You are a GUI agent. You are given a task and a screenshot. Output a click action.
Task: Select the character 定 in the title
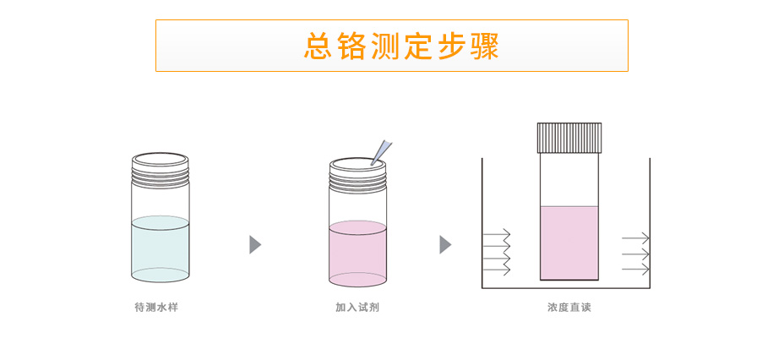click(419, 46)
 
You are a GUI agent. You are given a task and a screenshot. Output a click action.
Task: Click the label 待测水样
click(156, 308)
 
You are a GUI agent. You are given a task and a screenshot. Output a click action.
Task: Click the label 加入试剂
click(357, 308)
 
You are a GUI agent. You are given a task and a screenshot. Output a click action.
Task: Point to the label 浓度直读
click(569, 308)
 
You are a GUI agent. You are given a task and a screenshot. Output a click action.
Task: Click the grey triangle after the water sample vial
click(255, 245)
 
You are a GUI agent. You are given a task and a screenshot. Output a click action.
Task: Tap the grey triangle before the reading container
click(445, 245)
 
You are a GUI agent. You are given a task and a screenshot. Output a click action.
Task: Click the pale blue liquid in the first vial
click(161, 249)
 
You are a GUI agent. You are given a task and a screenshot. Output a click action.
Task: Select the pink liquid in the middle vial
click(357, 254)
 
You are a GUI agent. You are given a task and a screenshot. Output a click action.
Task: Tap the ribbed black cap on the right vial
click(569, 138)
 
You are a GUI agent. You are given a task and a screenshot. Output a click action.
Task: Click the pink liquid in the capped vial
click(569, 243)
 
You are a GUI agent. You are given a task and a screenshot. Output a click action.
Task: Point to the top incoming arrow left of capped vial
click(496, 233)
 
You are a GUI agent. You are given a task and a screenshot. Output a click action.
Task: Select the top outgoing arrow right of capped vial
click(635, 238)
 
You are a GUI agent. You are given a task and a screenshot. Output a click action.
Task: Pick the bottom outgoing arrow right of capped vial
click(635, 269)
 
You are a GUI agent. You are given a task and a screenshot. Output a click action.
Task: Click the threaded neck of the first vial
click(161, 175)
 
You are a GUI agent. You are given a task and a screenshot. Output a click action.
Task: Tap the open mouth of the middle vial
click(357, 163)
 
